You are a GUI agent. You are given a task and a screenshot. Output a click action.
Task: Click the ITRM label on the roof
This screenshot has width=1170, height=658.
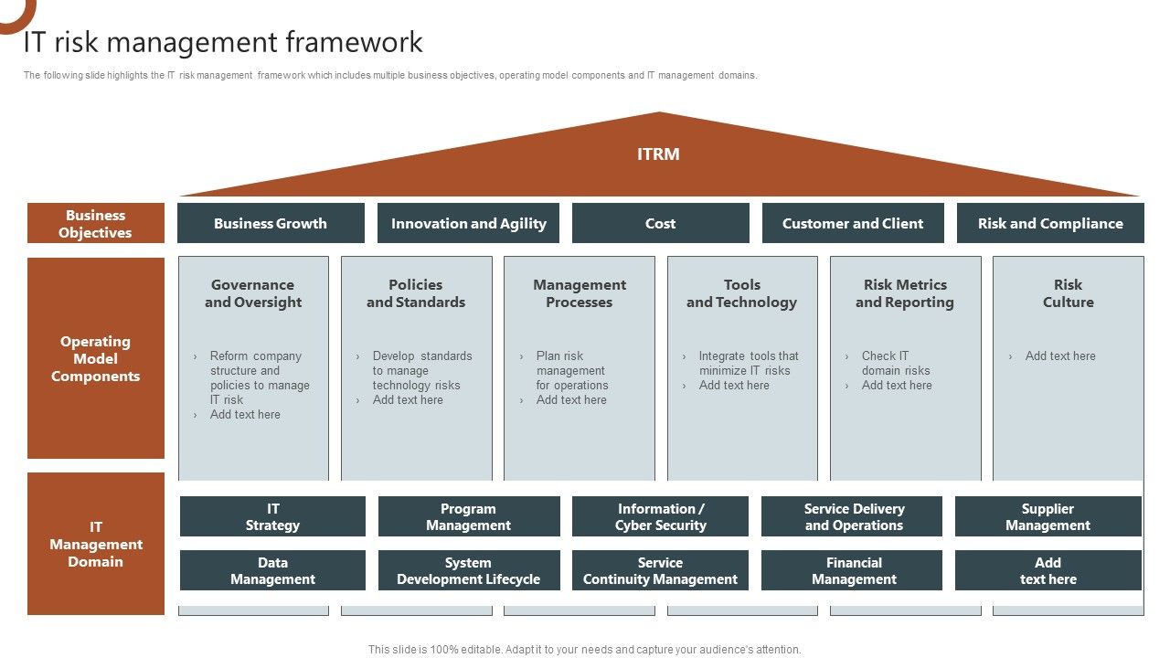pos(658,154)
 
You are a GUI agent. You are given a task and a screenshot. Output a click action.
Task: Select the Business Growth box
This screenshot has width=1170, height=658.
pos(271,223)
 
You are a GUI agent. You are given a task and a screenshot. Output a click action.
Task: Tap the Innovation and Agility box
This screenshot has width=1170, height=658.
pos(468,223)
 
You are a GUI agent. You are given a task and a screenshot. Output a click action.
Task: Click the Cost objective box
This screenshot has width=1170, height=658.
pos(660,223)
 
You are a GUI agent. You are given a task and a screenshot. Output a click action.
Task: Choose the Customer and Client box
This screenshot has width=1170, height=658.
pos(853,223)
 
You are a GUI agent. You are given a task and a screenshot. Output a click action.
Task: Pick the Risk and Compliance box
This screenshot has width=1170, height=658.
pos(1050,223)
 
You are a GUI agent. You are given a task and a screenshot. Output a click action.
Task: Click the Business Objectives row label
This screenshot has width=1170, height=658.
pos(95,224)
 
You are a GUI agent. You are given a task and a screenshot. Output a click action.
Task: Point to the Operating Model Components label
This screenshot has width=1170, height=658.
pos(95,358)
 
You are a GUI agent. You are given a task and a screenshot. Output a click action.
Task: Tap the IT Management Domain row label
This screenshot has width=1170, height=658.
pos(95,544)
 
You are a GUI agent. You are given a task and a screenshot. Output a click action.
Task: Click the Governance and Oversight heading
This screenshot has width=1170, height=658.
pos(253,293)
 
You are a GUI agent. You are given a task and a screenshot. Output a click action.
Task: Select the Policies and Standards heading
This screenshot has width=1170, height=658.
pos(416,293)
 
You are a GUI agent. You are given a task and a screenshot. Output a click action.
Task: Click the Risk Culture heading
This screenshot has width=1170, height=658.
pos(1068,293)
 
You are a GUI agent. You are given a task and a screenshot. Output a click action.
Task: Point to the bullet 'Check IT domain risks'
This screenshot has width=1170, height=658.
pos(895,363)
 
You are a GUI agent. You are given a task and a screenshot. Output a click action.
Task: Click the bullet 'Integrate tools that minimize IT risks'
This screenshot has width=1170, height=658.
pos(748,363)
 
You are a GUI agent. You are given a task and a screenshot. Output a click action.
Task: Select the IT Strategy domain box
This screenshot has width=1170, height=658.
pos(272,516)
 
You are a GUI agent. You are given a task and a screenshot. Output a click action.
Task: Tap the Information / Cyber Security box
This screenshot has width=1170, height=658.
pos(660,516)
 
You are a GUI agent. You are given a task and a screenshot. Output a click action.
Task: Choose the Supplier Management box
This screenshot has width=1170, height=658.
pos(1048,516)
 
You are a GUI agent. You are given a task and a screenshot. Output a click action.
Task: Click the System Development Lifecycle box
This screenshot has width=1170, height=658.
pos(468,570)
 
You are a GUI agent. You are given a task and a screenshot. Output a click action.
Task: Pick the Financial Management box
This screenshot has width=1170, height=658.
pos(854,570)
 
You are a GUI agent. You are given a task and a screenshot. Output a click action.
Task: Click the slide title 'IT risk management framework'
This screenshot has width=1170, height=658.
pos(223,42)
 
